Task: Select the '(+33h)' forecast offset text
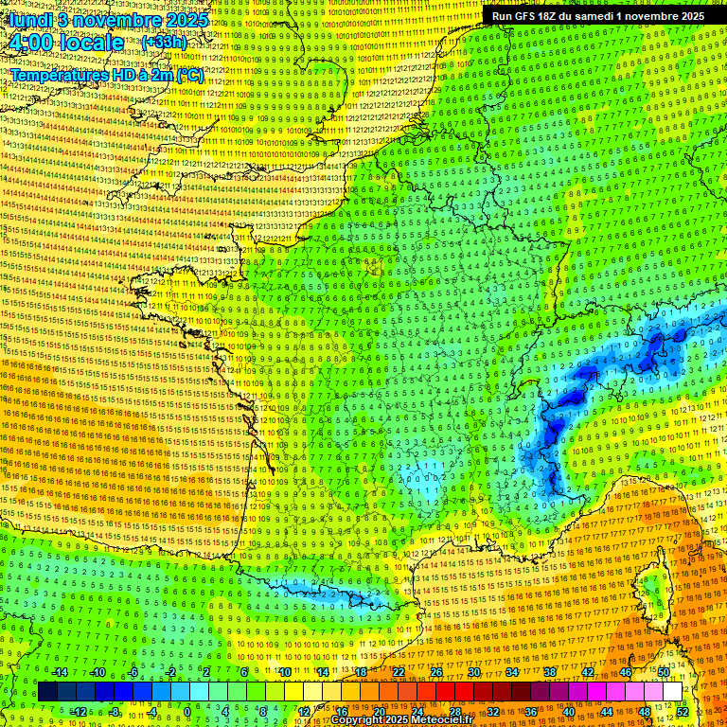click(164, 43)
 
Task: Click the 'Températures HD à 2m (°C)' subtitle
click(106, 76)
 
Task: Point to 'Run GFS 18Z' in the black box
click(524, 16)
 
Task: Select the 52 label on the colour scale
click(683, 711)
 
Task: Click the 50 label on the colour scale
click(664, 672)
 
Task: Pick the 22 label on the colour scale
click(399, 672)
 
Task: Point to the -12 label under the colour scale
click(78, 711)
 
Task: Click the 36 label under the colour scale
click(531, 711)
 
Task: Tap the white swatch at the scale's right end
click(672, 692)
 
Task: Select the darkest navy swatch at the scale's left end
click(47, 692)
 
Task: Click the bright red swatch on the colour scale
click(445, 692)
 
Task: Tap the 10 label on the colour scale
click(285, 672)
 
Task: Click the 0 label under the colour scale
click(187, 711)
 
